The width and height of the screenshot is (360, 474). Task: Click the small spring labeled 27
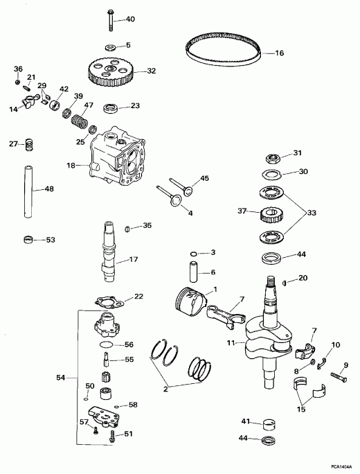click(30, 146)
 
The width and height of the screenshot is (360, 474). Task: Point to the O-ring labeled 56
click(107, 344)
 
